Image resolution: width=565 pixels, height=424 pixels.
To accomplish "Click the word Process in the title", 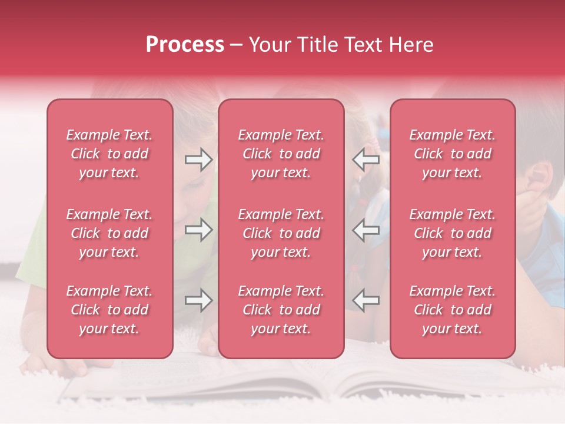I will [x=185, y=45].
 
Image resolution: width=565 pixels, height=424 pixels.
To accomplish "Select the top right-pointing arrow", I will [x=198, y=160].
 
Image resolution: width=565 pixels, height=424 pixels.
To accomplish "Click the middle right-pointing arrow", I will [x=198, y=230].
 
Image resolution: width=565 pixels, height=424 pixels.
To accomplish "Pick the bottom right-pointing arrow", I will [x=198, y=300].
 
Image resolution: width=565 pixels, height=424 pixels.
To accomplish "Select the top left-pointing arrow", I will [x=366, y=160].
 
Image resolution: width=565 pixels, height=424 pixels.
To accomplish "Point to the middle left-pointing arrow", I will [x=366, y=230].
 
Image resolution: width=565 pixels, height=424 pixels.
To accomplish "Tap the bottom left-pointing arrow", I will [x=366, y=300].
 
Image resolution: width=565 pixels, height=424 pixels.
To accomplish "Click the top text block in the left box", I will [x=109, y=154].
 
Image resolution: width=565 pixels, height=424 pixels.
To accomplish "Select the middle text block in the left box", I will [x=109, y=233].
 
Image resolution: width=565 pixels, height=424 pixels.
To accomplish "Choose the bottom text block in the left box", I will [x=109, y=310].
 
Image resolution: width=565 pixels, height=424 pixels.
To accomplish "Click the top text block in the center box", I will [x=281, y=154].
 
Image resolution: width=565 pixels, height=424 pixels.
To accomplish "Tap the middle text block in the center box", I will [x=281, y=233].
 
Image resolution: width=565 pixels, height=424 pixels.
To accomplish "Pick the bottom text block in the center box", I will [x=281, y=310].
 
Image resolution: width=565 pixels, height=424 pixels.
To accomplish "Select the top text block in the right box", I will [x=453, y=154].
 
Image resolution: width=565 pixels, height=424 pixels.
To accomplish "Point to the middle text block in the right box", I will [x=453, y=233].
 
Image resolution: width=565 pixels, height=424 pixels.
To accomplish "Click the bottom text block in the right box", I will [x=453, y=310].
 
